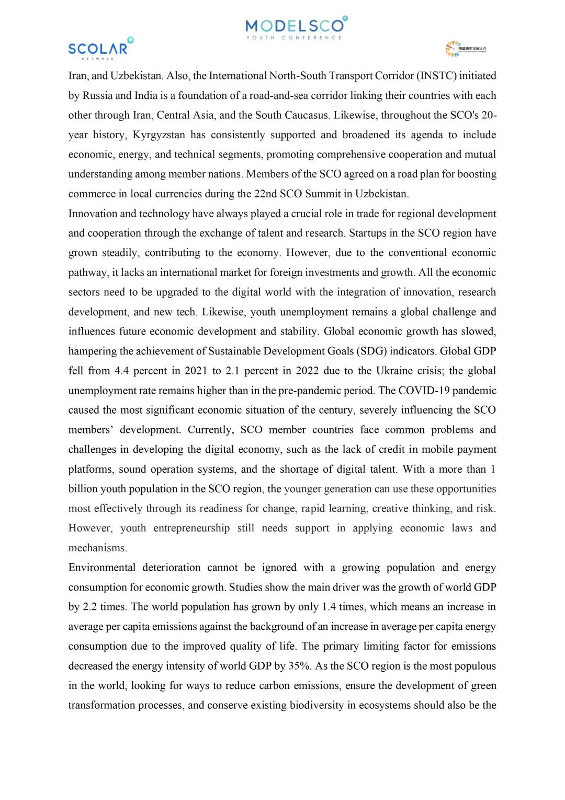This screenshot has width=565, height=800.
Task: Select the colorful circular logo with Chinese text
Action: (x=466, y=49)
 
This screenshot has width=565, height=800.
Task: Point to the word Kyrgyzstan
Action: (x=159, y=135)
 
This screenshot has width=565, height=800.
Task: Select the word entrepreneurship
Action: (x=191, y=528)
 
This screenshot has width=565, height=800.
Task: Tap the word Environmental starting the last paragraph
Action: (x=101, y=568)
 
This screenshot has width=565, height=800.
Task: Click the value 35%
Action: (x=299, y=666)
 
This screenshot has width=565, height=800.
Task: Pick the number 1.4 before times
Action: (x=329, y=607)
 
